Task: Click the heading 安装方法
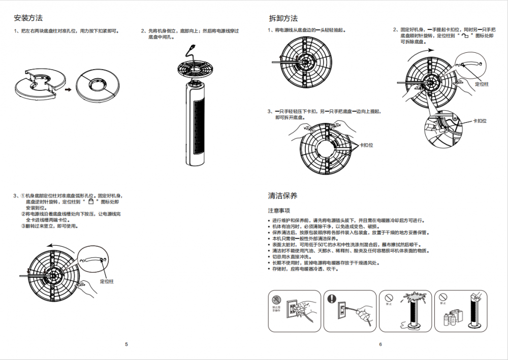coord(28,18)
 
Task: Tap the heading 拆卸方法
coord(283,18)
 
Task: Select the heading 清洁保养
coord(282,195)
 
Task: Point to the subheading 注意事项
coord(279,210)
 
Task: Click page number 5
coord(126,344)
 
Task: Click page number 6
coord(380,344)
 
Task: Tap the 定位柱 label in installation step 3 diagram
coord(107,281)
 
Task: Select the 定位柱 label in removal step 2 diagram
coord(481,84)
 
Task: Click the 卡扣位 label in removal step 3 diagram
coord(366,145)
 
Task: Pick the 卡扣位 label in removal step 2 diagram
coord(480,121)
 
